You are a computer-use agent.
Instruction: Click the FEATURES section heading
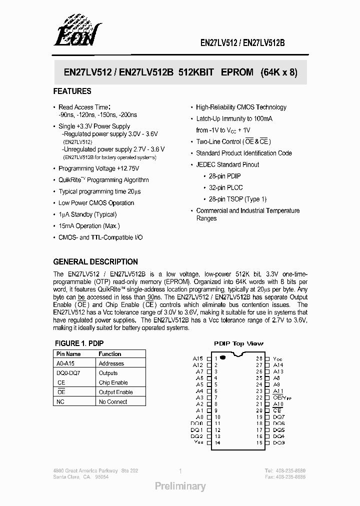click(72, 91)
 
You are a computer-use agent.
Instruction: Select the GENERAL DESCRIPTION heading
click(95, 261)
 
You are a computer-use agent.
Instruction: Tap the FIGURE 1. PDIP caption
click(78, 343)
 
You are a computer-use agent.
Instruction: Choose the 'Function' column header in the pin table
click(110, 354)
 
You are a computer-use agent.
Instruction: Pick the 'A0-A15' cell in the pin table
click(65, 363)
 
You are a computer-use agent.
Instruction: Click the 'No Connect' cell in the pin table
click(113, 401)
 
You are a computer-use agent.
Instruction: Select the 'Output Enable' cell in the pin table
click(115, 392)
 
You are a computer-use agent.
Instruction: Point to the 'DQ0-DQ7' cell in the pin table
click(68, 373)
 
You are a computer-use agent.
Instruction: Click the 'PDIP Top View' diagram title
click(238, 343)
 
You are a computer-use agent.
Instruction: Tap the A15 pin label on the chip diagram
click(197, 358)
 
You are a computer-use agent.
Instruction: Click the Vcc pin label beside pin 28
click(277, 359)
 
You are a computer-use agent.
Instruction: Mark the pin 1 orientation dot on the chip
click(222, 358)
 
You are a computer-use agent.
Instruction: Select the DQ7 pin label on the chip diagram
click(278, 417)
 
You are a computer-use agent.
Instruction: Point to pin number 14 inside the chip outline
click(217, 443)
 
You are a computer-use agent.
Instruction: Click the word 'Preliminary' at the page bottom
click(180, 486)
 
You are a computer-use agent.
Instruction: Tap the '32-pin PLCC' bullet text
click(222, 187)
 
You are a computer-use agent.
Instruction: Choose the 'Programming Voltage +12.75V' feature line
click(98, 168)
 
